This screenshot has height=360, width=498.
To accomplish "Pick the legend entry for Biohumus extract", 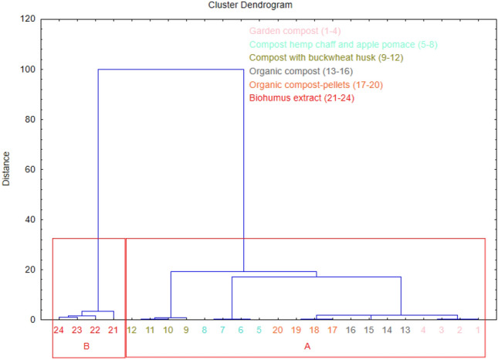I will (x=301, y=98).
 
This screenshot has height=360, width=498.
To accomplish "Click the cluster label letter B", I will (x=86, y=346).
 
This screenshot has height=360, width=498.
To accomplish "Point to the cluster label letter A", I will (x=307, y=346).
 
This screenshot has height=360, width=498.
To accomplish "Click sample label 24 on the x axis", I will (x=59, y=331).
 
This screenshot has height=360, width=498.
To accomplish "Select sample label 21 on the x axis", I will (x=113, y=331).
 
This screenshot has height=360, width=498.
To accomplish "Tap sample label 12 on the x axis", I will (x=131, y=331).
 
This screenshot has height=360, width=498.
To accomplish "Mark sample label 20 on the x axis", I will (x=276, y=331).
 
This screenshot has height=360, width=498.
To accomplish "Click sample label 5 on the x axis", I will (x=259, y=331).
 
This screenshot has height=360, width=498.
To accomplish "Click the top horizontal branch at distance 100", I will (x=171, y=70).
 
